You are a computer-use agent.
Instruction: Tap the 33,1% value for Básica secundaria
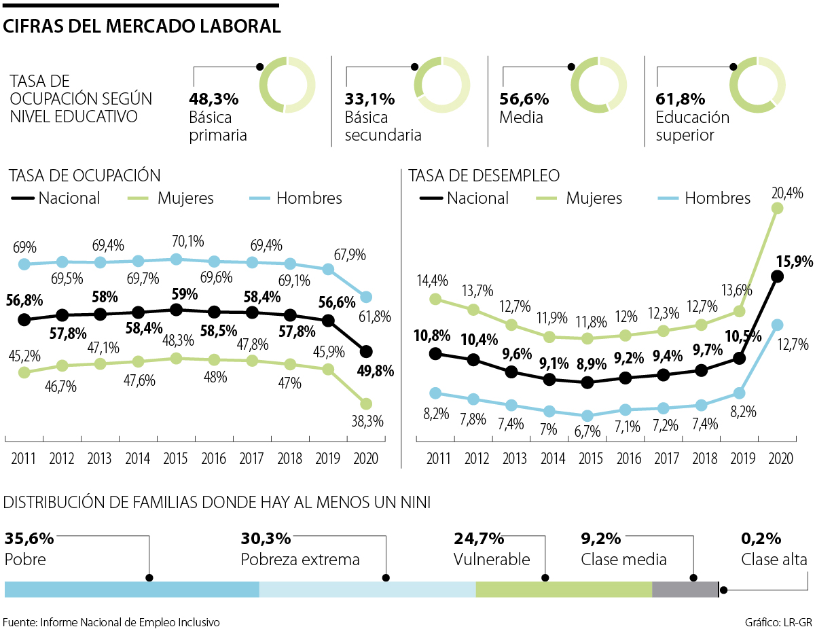(370, 99)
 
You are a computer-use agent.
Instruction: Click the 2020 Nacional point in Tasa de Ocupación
(366, 351)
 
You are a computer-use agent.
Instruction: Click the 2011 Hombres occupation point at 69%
(24, 264)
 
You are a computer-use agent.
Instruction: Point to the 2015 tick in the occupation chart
(176, 456)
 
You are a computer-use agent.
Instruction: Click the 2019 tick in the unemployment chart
(740, 456)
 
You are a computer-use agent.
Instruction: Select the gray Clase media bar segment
(685, 589)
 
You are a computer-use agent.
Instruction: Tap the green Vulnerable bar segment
(564, 589)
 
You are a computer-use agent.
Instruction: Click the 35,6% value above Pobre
(29, 539)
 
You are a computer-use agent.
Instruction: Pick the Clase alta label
(774, 560)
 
